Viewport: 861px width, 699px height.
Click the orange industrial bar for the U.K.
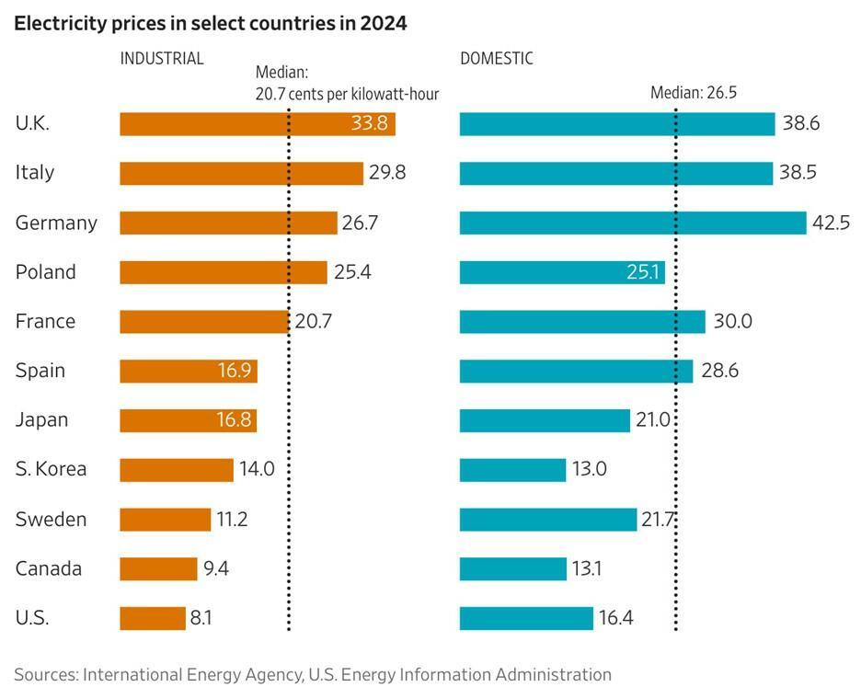tap(230, 123)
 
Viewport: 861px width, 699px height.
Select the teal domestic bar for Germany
tap(633, 223)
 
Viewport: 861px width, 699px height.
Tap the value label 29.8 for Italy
tap(387, 173)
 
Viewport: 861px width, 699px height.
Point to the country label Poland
tap(46, 272)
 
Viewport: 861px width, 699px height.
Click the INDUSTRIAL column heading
tap(162, 59)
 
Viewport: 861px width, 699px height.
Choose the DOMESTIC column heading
tap(497, 59)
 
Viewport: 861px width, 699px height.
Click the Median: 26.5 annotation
tap(694, 93)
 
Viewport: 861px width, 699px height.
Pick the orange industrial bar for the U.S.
tap(153, 618)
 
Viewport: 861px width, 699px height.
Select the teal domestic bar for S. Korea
tap(512, 469)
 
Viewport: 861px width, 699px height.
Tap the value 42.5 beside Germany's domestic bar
tap(831, 223)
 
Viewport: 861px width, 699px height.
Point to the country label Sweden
tap(51, 519)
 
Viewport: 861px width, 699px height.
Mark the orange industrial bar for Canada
tap(158, 568)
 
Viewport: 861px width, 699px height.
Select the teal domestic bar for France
tap(582, 321)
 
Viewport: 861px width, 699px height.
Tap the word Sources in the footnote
tap(45, 674)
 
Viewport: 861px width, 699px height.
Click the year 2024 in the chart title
tap(383, 25)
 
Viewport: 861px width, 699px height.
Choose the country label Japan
tap(42, 419)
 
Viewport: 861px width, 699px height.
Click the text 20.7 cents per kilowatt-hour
tap(347, 94)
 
